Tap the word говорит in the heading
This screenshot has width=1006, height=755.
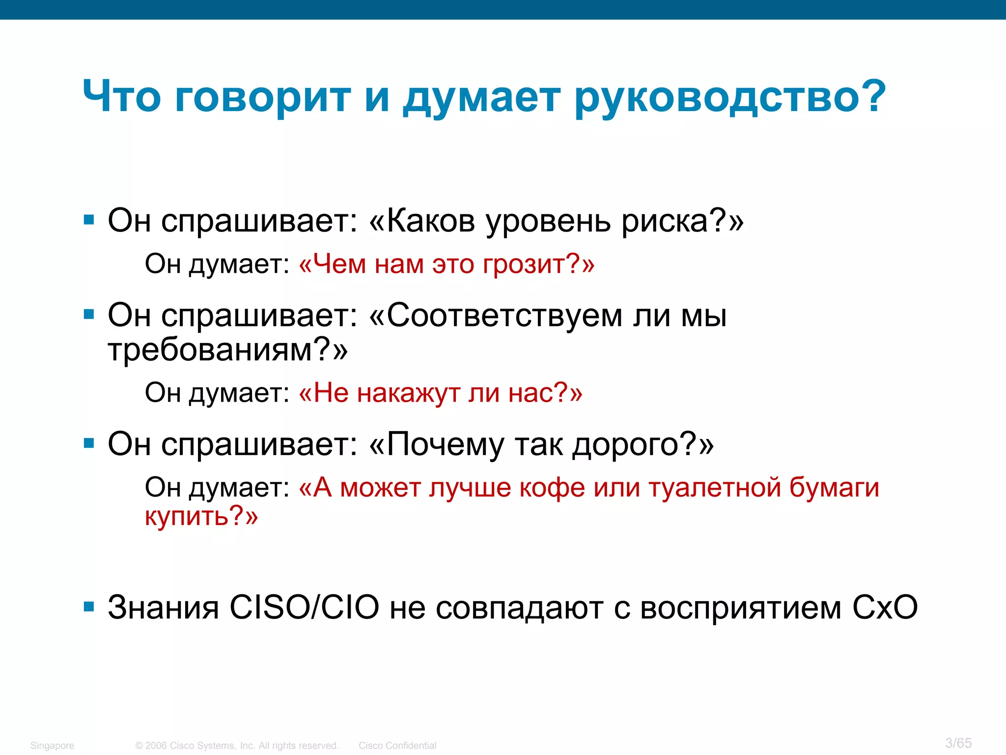pyautogui.click(x=263, y=97)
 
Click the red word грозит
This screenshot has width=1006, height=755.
pyautogui.click(x=524, y=265)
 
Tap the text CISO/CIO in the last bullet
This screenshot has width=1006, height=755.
pyautogui.click(x=305, y=607)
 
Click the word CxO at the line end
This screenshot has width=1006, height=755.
pyautogui.click(x=885, y=607)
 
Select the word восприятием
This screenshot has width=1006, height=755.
pyautogui.click(x=741, y=608)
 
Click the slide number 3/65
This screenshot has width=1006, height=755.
pyautogui.click(x=958, y=743)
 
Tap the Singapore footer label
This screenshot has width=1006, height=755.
pyautogui.click(x=52, y=746)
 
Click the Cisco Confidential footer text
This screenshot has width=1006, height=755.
pyautogui.click(x=397, y=746)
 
